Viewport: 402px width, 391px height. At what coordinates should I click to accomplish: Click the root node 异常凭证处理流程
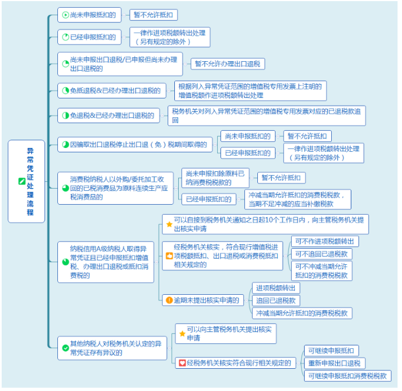click(x=26, y=181)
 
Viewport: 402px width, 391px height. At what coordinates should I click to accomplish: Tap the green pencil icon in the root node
click(x=22, y=181)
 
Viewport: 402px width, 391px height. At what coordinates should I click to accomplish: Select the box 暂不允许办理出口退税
click(x=228, y=64)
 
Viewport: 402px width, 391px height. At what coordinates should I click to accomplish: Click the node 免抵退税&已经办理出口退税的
click(x=112, y=91)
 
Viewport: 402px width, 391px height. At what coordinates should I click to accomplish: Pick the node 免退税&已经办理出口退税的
click(x=109, y=116)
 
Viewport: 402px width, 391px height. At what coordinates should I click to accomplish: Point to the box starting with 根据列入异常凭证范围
click(x=251, y=91)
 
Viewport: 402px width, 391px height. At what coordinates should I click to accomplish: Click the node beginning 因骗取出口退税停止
click(x=135, y=145)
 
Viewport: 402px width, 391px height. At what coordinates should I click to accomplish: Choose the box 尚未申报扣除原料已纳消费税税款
click(x=215, y=178)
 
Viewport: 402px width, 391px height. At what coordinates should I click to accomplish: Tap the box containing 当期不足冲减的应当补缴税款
click(x=298, y=200)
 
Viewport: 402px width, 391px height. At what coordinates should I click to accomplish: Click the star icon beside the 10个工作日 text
click(x=169, y=224)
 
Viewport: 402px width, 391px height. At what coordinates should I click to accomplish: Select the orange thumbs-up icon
click(x=169, y=256)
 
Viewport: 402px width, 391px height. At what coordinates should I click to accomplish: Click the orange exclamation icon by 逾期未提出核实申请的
click(x=169, y=300)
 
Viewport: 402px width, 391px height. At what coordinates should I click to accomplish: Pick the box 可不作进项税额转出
click(x=325, y=241)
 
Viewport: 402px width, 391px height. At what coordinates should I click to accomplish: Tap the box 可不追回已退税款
click(x=321, y=254)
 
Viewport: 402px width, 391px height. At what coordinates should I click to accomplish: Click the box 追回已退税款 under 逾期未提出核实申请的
click(x=276, y=300)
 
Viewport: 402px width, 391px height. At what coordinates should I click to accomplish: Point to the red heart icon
click(x=182, y=363)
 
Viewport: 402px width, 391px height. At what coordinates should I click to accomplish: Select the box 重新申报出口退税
click(x=335, y=363)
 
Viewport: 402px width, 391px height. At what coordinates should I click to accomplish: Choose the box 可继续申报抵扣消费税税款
click(x=347, y=376)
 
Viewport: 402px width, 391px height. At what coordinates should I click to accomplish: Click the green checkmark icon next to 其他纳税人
click(x=66, y=348)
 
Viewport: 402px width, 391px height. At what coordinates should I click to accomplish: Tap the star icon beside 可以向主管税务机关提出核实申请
click(x=182, y=334)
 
